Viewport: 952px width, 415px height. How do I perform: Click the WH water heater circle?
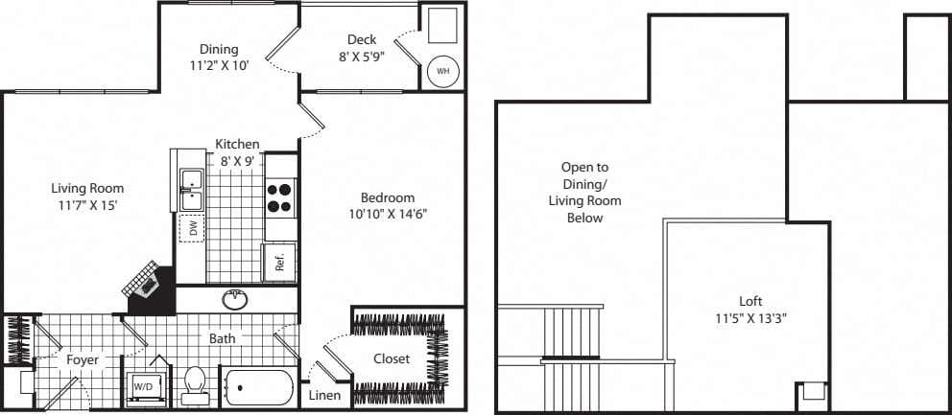(x=442, y=71)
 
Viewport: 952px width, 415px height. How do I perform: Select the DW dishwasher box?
(x=192, y=228)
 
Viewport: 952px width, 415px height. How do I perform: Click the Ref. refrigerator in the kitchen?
(x=280, y=262)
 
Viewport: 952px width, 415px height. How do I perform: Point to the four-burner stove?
(x=280, y=197)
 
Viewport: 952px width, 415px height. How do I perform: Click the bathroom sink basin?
(x=235, y=300)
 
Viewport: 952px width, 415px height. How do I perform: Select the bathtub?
(x=259, y=388)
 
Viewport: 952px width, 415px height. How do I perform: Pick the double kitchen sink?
(x=190, y=189)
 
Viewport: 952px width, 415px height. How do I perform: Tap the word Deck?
(x=362, y=40)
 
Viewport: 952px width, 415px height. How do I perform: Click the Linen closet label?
(x=324, y=395)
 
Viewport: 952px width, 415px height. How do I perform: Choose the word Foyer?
(x=83, y=359)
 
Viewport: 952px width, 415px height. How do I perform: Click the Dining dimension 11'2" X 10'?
(x=218, y=67)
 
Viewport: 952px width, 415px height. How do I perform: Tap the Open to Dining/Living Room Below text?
(x=584, y=192)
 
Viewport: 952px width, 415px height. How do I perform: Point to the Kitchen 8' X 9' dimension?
(x=236, y=161)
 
